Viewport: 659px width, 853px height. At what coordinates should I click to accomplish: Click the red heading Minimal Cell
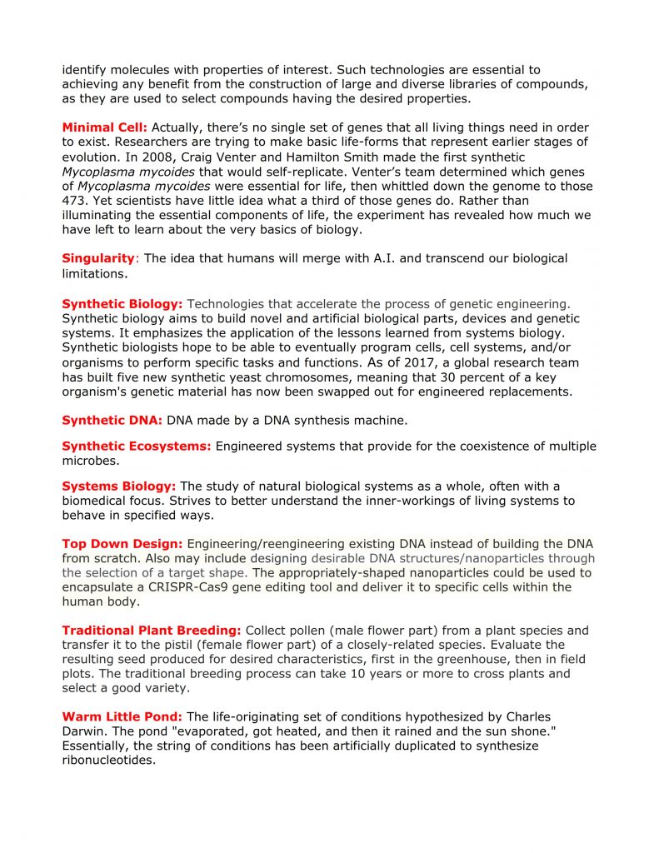pyautogui.click(x=104, y=127)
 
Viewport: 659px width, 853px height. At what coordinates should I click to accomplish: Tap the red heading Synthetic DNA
pyautogui.click(x=112, y=420)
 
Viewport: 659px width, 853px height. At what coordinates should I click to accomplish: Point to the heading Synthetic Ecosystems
pyautogui.click(x=137, y=446)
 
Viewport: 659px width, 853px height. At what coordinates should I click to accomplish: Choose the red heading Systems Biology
pyautogui.click(x=118, y=486)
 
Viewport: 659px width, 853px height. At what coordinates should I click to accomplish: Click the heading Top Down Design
pyautogui.click(x=122, y=543)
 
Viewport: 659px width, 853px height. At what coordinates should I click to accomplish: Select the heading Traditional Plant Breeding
pyautogui.click(x=152, y=630)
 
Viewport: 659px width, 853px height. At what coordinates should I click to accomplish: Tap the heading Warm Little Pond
pyautogui.click(x=122, y=716)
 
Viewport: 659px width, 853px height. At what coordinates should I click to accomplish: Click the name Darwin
pyautogui.click(x=83, y=731)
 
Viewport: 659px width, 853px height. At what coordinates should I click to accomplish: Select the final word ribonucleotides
pyautogui.click(x=108, y=760)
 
